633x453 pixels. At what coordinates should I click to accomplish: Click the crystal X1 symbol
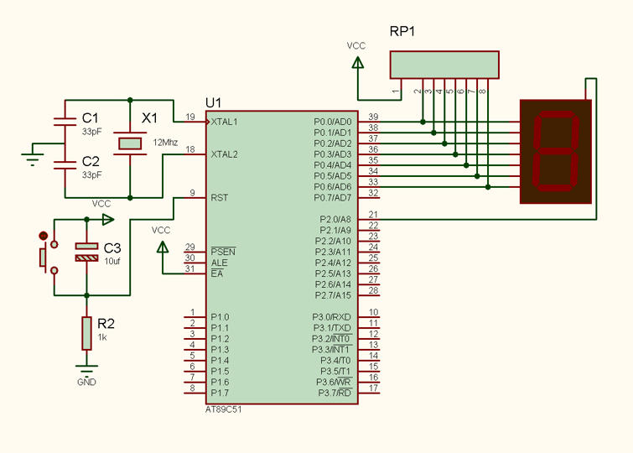pos(130,143)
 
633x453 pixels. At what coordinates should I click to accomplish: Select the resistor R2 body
pos(86,333)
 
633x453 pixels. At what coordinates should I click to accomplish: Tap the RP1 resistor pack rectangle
pos(444,65)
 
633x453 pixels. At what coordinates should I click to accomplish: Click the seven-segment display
pos(556,152)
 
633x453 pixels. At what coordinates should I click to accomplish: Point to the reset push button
pos(48,257)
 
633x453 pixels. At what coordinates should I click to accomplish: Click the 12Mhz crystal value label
pos(165,143)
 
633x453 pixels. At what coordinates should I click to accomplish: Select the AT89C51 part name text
pos(224,409)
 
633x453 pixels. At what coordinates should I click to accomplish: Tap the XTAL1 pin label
pos(225,122)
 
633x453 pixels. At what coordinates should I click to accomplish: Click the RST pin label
pos(219,198)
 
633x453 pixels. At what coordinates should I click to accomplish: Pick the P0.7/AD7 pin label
pos(333,198)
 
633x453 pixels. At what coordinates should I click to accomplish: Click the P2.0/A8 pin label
pos(335,220)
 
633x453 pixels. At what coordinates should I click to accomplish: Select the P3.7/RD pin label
pos(335,393)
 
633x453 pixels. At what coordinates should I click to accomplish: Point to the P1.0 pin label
pos(220,317)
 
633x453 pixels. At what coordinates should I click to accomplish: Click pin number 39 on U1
pos(373,117)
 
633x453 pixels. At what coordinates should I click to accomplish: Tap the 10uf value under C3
pos(112,262)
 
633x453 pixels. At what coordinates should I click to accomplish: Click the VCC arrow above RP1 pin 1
pos(357,63)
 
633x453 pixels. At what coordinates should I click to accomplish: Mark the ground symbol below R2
pos(86,368)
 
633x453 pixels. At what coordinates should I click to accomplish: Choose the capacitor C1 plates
pos(65,122)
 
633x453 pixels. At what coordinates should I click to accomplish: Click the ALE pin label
pos(219,263)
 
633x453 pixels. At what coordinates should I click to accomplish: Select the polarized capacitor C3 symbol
pos(86,252)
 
